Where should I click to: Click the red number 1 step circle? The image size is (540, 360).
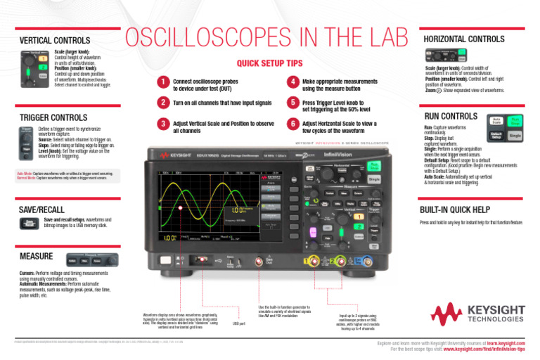point(163,83)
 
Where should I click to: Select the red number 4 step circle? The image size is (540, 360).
point(292,83)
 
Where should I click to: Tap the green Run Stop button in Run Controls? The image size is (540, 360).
point(516,121)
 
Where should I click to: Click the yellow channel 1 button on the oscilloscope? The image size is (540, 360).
point(358,218)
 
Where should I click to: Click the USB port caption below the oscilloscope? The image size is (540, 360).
point(238,323)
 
